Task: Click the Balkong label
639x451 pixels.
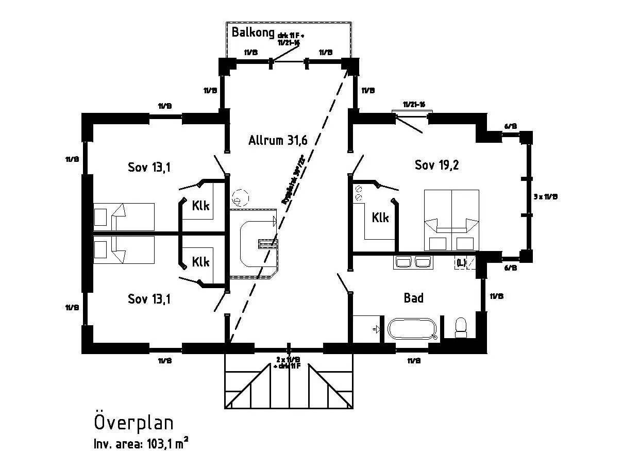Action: [252, 32]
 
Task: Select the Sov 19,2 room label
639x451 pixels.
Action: [436, 165]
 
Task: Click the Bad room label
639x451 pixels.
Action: [413, 298]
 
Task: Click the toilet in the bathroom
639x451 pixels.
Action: [461, 327]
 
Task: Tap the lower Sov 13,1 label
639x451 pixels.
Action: [149, 299]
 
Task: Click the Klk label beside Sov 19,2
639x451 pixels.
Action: [380, 218]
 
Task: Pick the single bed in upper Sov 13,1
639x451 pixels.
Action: [124, 216]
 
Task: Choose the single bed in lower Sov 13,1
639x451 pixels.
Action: [124, 250]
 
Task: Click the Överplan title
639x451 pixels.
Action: [133, 423]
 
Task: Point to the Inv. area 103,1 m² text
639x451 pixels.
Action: [141, 443]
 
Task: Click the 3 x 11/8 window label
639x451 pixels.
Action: [546, 196]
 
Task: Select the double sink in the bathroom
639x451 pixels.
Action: [414, 262]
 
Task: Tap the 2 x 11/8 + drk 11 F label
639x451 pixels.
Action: [289, 362]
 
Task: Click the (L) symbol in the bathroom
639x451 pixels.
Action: [461, 263]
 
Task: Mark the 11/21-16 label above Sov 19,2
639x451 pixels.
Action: [414, 105]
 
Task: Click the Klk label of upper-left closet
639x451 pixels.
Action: [200, 206]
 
